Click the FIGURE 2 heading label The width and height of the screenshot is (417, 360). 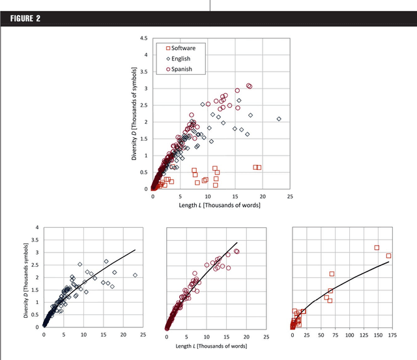[25, 18]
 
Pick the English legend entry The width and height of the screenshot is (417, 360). [179, 59]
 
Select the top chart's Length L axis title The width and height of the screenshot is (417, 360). [221, 205]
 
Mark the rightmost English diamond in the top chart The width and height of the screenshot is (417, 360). [279, 119]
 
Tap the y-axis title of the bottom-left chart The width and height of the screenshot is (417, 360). [27, 277]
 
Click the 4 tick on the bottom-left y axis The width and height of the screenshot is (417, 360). [37, 228]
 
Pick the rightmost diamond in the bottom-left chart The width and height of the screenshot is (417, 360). [135, 275]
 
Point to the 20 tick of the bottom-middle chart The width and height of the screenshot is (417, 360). [247, 337]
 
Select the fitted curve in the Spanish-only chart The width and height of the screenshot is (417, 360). [215, 265]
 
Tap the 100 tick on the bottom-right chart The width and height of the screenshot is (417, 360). [350, 337]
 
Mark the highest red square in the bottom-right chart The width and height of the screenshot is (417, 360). [377, 247]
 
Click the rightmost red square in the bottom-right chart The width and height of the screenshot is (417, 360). [388, 256]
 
